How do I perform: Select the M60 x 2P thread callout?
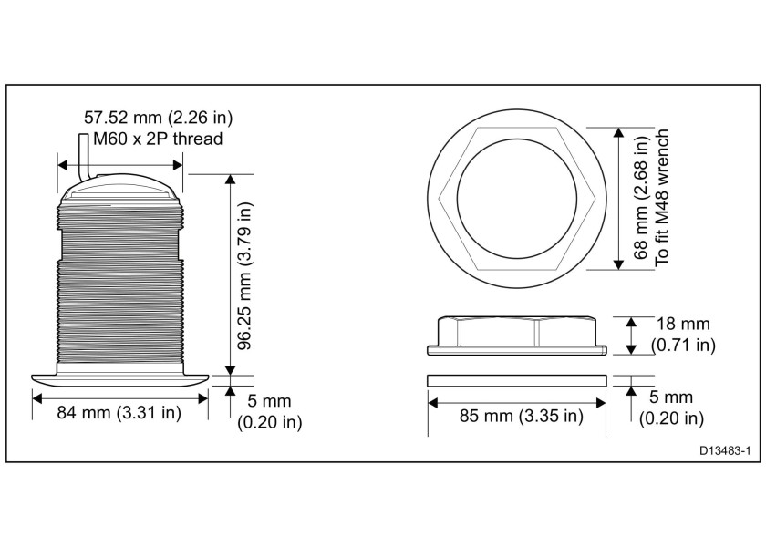(151, 139)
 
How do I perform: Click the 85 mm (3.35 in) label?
(519, 417)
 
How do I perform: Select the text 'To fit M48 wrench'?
(663, 199)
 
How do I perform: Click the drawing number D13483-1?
(725, 450)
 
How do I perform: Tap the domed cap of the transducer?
(120, 189)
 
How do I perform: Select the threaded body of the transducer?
(120, 283)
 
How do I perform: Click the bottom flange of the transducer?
(120, 377)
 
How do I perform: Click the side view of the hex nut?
(517, 335)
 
